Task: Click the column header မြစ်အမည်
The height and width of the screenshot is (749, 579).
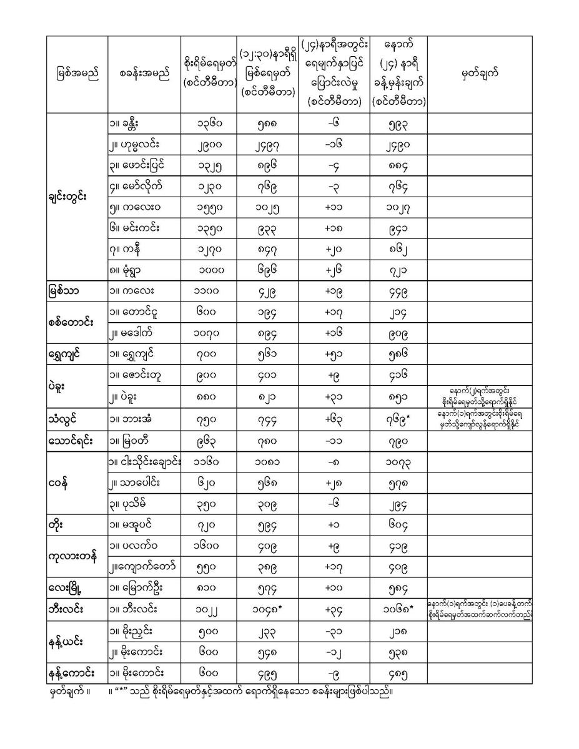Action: (77, 74)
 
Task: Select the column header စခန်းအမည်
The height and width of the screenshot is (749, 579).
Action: (144, 74)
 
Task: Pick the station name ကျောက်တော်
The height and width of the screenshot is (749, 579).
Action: (143, 566)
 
